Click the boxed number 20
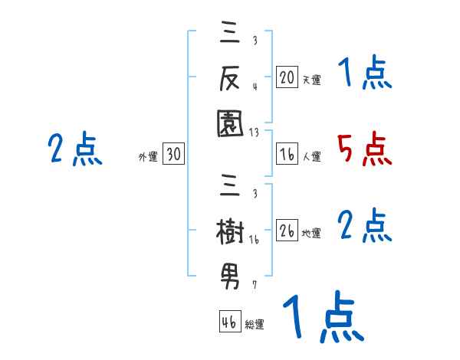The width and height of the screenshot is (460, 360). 287,77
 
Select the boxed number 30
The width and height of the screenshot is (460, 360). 174,155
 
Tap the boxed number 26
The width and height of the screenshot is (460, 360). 287,230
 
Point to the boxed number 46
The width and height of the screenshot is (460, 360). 229,322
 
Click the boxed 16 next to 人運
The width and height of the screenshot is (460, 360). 287,154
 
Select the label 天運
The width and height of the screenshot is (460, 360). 311,79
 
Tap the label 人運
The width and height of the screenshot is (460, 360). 311,156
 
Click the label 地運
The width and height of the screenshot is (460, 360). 311,232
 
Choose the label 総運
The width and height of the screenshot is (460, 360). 255,324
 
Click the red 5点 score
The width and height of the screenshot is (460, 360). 364,149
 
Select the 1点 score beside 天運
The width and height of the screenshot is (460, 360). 364,74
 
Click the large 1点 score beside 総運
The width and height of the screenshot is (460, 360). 322,317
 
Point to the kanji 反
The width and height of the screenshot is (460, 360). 230,77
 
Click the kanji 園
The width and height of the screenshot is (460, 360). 230,120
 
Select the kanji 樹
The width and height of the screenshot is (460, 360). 230,231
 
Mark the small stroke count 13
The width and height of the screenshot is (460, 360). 253,132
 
